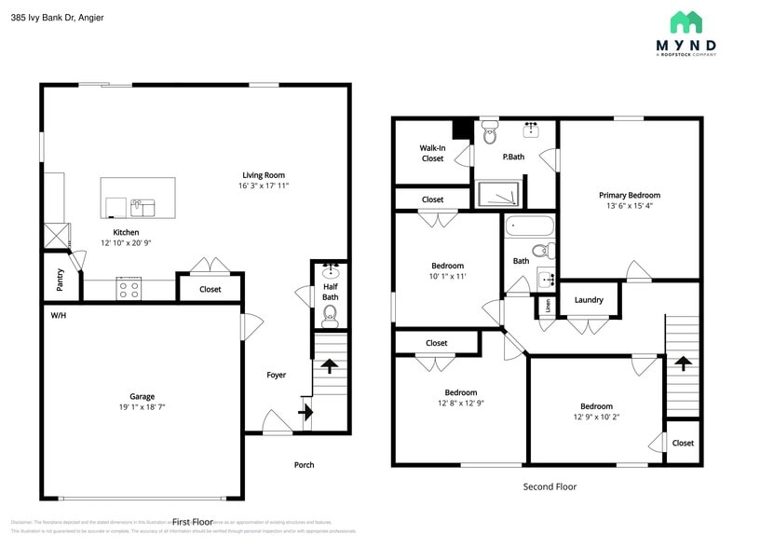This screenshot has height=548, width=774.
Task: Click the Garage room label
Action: (142, 396)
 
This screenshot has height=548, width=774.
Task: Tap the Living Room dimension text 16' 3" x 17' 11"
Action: (264, 186)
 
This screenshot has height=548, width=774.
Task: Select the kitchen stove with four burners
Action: (129, 290)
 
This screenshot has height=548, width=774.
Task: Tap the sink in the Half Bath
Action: (330, 272)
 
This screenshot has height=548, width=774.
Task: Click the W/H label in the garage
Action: (58, 314)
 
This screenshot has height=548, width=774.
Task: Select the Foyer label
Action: (277, 376)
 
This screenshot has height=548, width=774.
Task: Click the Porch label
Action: (304, 465)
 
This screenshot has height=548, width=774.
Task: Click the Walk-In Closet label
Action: (432, 153)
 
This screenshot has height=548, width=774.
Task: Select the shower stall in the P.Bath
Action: (500, 194)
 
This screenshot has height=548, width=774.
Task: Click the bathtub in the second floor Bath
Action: (528, 226)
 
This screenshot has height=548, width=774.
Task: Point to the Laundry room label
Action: (589, 300)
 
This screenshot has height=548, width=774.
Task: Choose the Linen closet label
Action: (547, 305)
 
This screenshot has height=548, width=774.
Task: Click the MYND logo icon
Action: (686, 22)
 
